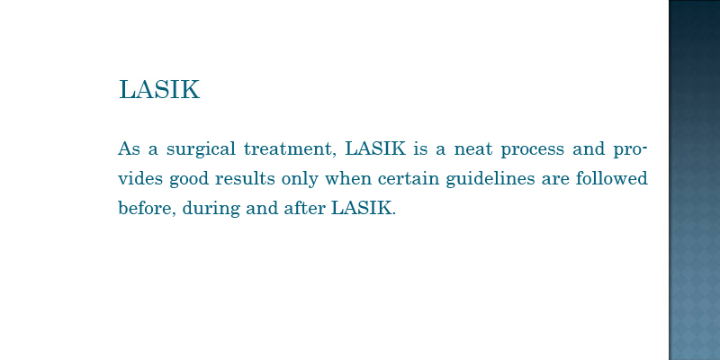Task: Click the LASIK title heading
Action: [x=159, y=89]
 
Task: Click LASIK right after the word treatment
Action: [x=375, y=148]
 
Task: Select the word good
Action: [x=189, y=179]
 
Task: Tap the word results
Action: [x=245, y=177]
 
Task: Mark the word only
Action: [x=300, y=179]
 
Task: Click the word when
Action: [x=348, y=177]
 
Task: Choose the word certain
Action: [x=409, y=177]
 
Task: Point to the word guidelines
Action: [x=490, y=179]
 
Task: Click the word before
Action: [x=147, y=208]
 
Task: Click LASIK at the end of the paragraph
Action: [x=362, y=208]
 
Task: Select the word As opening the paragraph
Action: [x=129, y=148]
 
